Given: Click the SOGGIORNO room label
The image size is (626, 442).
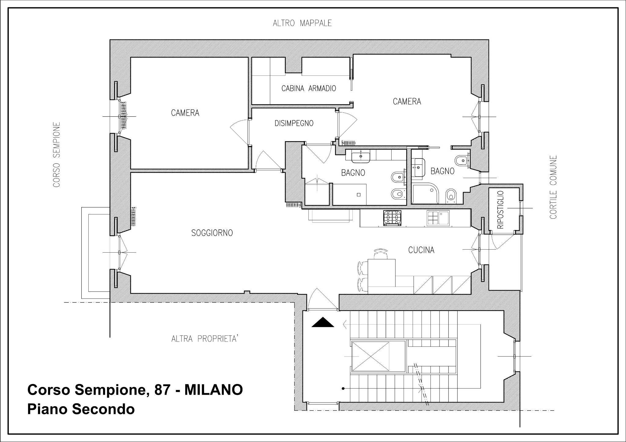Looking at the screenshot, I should [212, 233].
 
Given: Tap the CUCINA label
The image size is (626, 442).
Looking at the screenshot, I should [421, 250].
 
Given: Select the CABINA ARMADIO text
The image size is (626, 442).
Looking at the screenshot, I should [308, 89].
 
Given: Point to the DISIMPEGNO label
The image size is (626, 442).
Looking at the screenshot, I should [294, 123].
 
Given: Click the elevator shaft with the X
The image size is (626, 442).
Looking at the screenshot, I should [370, 356].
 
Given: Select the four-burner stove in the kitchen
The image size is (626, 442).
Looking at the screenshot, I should [392, 218].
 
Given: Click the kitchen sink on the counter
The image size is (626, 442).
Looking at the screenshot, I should [438, 218].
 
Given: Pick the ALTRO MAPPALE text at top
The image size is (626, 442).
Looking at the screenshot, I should [302, 23].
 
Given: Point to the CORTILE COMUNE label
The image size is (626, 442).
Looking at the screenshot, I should [553, 187].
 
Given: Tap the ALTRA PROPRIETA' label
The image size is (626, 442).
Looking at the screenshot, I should [204, 339].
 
